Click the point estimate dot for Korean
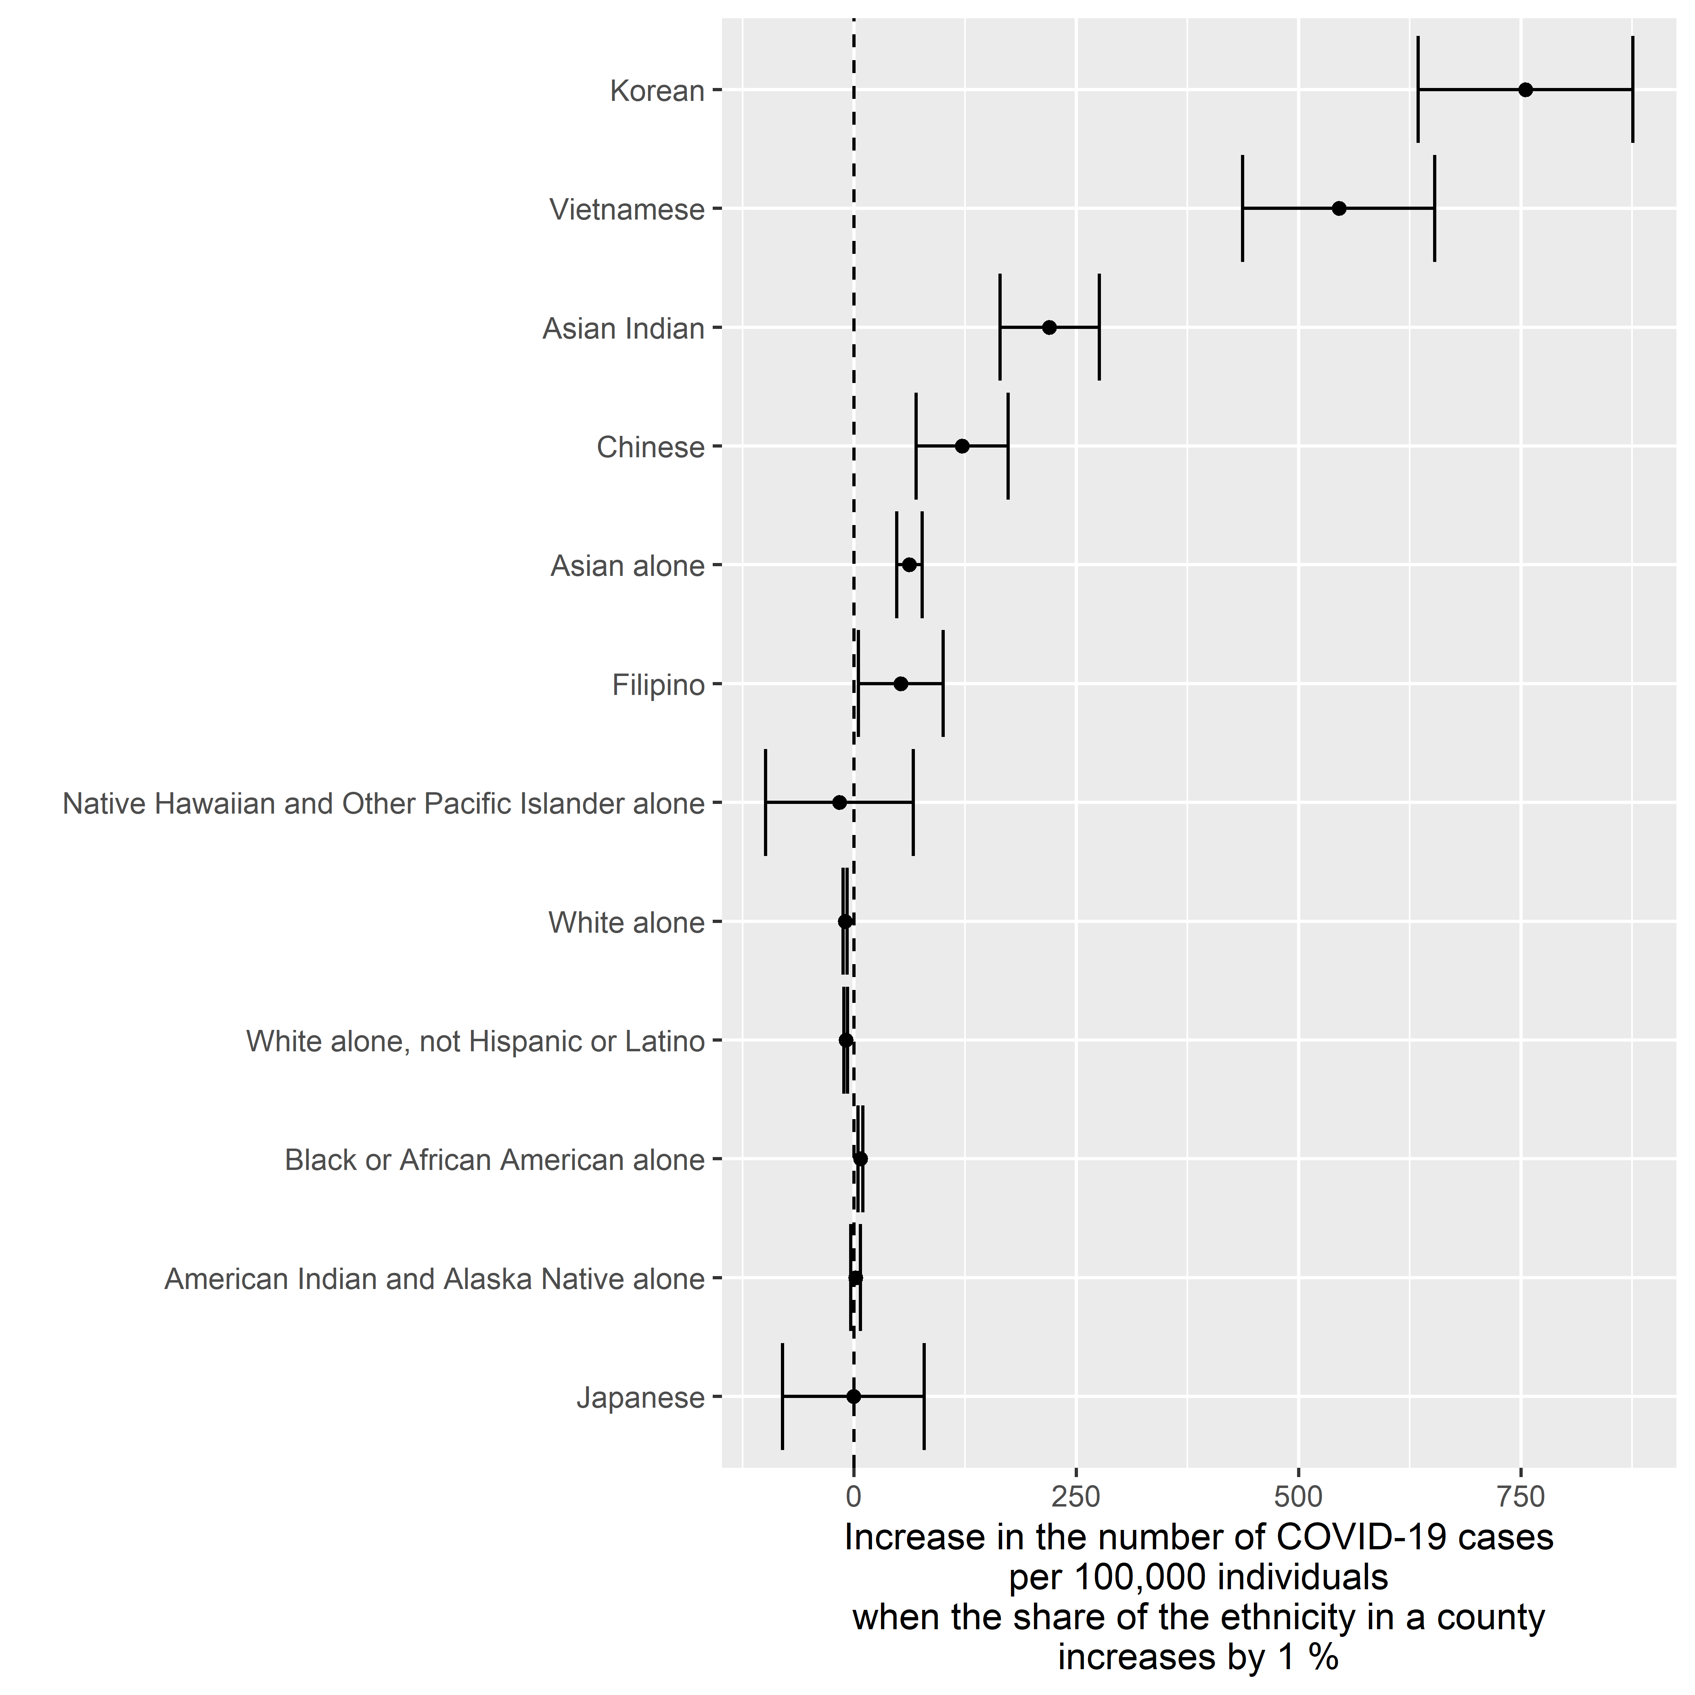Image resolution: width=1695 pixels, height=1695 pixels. coord(1525,90)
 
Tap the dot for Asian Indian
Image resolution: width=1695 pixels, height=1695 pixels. coord(1049,327)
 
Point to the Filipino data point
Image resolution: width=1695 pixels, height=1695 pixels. coord(900,683)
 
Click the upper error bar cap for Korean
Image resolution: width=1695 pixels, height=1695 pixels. coord(1633,90)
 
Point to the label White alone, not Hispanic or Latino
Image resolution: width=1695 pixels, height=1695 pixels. coord(475,1041)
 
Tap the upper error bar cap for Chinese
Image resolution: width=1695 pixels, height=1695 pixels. coord(1008,446)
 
